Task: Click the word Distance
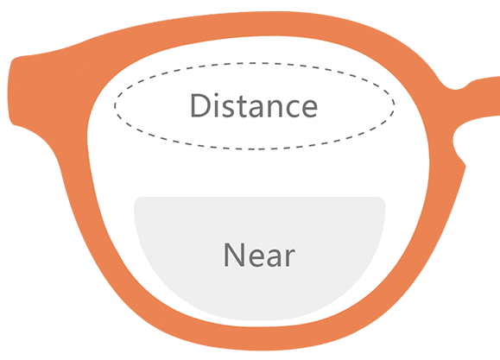(x=254, y=105)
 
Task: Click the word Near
(x=259, y=255)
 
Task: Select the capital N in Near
(x=234, y=255)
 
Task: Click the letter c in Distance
(x=288, y=109)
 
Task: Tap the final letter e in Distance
(x=307, y=109)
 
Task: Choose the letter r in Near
(x=290, y=257)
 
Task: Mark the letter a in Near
(x=275, y=257)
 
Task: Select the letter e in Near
(x=256, y=257)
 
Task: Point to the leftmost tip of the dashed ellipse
(x=115, y=106)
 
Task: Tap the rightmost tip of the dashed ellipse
(x=394, y=104)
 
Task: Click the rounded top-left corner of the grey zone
(x=136, y=200)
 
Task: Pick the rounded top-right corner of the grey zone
(x=383, y=200)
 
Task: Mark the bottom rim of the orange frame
(x=258, y=338)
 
